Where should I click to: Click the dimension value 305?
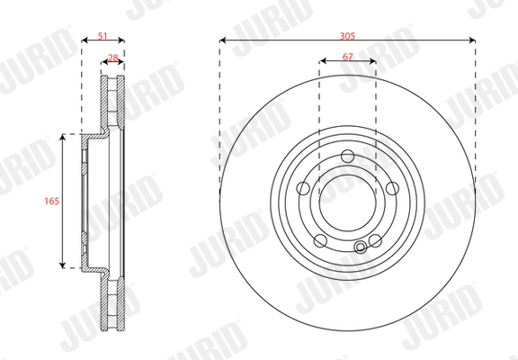(x=347, y=36)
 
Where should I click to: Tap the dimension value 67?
(x=347, y=57)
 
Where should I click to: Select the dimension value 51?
(x=103, y=36)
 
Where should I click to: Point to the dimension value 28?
(x=113, y=58)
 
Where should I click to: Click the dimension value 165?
(x=52, y=201)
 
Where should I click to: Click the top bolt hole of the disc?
(x=347, y=156)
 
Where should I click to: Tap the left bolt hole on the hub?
(x=303, y=188)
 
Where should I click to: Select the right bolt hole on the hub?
(x=392, y=188)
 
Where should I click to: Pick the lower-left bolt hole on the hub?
(x=320, y=240)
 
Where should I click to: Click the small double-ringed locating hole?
(x=360, y=247)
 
